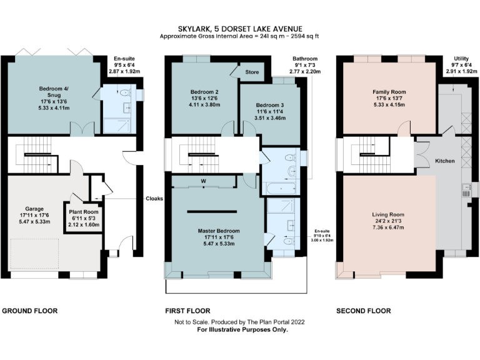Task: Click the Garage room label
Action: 34,209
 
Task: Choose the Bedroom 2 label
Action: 203,91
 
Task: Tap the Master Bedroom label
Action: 214,231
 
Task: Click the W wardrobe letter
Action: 204,182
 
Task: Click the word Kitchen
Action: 444,161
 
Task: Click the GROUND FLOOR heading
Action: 29,311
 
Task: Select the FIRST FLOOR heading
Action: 187,311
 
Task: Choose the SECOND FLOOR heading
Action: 363,311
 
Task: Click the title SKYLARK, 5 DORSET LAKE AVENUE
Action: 239,29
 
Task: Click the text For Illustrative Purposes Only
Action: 239,329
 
